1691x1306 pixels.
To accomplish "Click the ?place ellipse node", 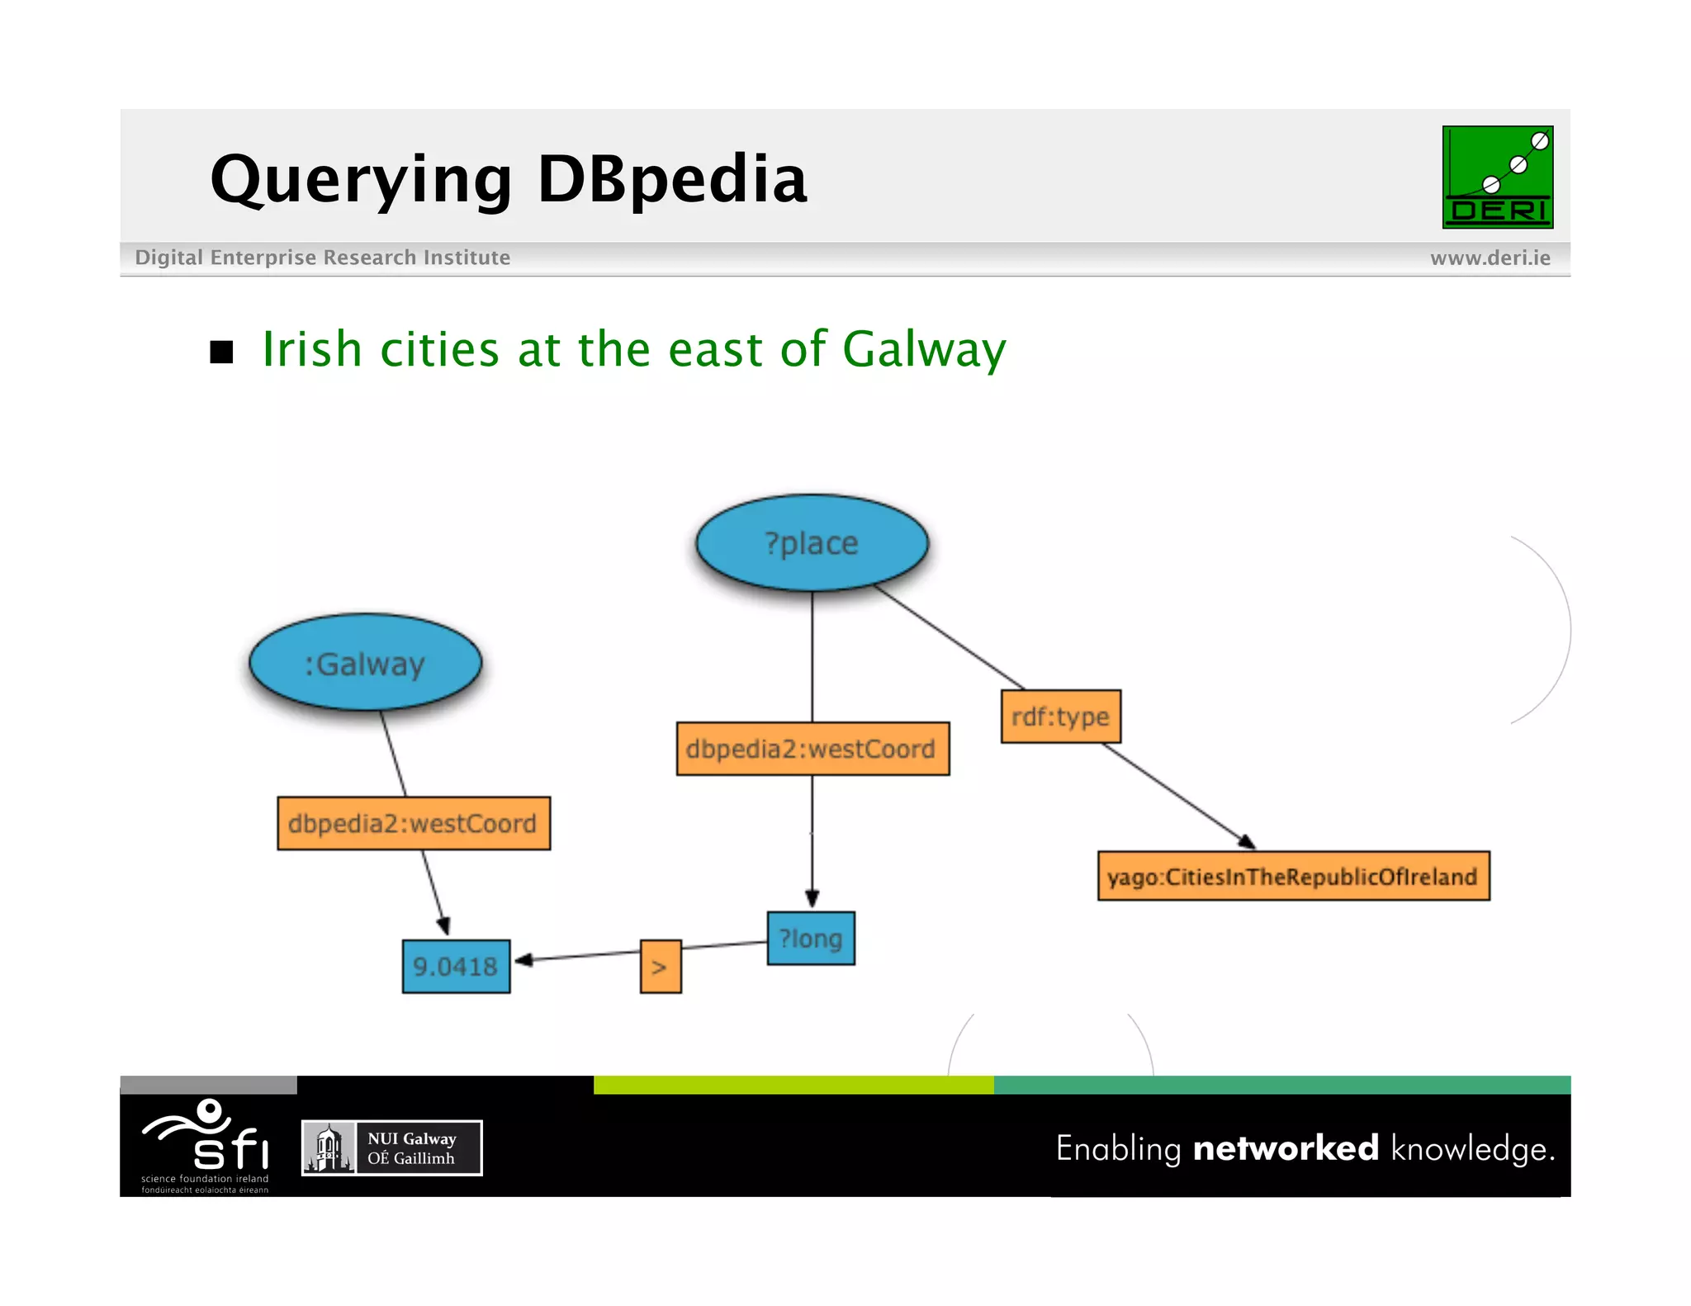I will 812,543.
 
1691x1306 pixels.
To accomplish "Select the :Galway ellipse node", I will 365,663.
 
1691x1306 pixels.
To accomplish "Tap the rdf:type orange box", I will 1060,717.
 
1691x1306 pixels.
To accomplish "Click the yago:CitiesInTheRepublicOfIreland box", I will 1293,876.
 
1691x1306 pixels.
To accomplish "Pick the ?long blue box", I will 811,939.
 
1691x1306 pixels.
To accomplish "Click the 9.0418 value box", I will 456,966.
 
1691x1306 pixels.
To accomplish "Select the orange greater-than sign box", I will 661,967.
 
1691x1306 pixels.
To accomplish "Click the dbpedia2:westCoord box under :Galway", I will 414,823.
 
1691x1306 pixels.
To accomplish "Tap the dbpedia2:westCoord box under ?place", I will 812,749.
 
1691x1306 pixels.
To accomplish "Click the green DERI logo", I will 1497,177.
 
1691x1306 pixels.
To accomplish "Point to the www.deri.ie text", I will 1490,258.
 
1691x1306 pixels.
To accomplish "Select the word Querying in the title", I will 361,180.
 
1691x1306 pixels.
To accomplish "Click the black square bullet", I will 221,352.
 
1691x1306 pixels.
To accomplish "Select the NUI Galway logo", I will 392,1147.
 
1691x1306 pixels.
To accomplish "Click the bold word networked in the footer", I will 1286,1148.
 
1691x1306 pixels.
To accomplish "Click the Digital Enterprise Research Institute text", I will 322,258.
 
